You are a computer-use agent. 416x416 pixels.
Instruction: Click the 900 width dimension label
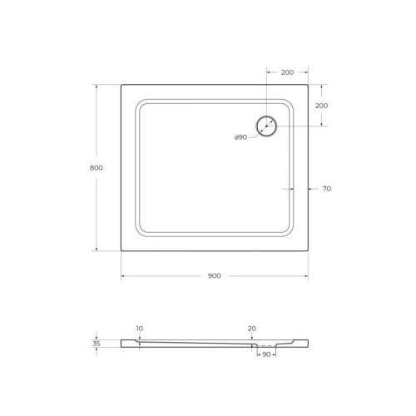point(215,276)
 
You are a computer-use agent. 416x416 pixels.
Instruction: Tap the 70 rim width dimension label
point(326,189)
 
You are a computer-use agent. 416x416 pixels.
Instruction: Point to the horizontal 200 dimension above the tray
point(287,72)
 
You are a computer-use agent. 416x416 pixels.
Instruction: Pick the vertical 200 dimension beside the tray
point(321,106)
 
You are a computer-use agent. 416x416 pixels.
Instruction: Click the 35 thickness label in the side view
point(97,343)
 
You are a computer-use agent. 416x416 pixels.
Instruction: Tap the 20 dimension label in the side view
point(252,329)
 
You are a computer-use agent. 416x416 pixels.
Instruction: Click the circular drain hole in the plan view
point(267,126)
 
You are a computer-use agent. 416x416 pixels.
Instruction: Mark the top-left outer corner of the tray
point(121,83)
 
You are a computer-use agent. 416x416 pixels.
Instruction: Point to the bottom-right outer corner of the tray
point(308,251)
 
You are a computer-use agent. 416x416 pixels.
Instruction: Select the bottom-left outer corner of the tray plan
point(121,251)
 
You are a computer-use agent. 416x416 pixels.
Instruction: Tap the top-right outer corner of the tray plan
point(308,83)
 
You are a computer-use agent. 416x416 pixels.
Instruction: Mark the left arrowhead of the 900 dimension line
point(124,276)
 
